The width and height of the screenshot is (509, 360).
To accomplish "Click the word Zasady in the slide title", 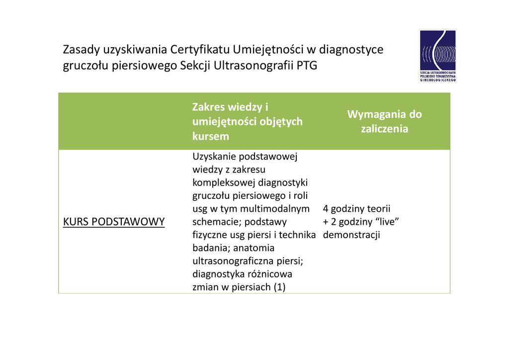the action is (82, 50).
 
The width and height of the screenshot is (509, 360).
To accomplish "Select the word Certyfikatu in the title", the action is (200, 50).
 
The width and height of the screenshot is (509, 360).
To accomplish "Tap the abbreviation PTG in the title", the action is (307, 66).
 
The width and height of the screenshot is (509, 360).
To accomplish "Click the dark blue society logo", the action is (437, 56).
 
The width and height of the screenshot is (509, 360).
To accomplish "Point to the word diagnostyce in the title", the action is (351, 50).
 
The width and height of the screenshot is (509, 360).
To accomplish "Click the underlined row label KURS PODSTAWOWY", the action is (114, 222).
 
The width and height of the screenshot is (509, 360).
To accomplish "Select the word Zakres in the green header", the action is (209, 107).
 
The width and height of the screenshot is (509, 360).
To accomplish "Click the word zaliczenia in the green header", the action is (384, 129).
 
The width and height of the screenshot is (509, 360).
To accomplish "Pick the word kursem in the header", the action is (211, 136).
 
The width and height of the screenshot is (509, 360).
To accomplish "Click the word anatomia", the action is (254, 248).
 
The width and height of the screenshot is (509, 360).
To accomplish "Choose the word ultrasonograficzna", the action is (233, 261).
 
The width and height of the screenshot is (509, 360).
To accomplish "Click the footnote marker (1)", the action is (279, 287).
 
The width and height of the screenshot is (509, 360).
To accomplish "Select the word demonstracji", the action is (351, 235).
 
